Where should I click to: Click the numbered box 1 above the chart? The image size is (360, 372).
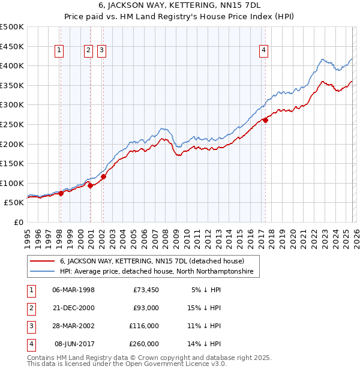[x=60, y=51]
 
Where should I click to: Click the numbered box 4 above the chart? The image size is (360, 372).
[x=263, y=51]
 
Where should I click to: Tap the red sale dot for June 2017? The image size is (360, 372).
[x=265, y=120]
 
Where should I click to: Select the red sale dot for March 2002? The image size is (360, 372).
[x=103, y=176]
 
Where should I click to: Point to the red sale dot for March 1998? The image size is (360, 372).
[x=61, y=193]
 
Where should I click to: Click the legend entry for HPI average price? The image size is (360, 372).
[x=157, y=272]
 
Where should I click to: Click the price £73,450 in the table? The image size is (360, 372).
[x=146, y=290]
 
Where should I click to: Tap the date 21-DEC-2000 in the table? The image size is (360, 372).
[x=73, y=308]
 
